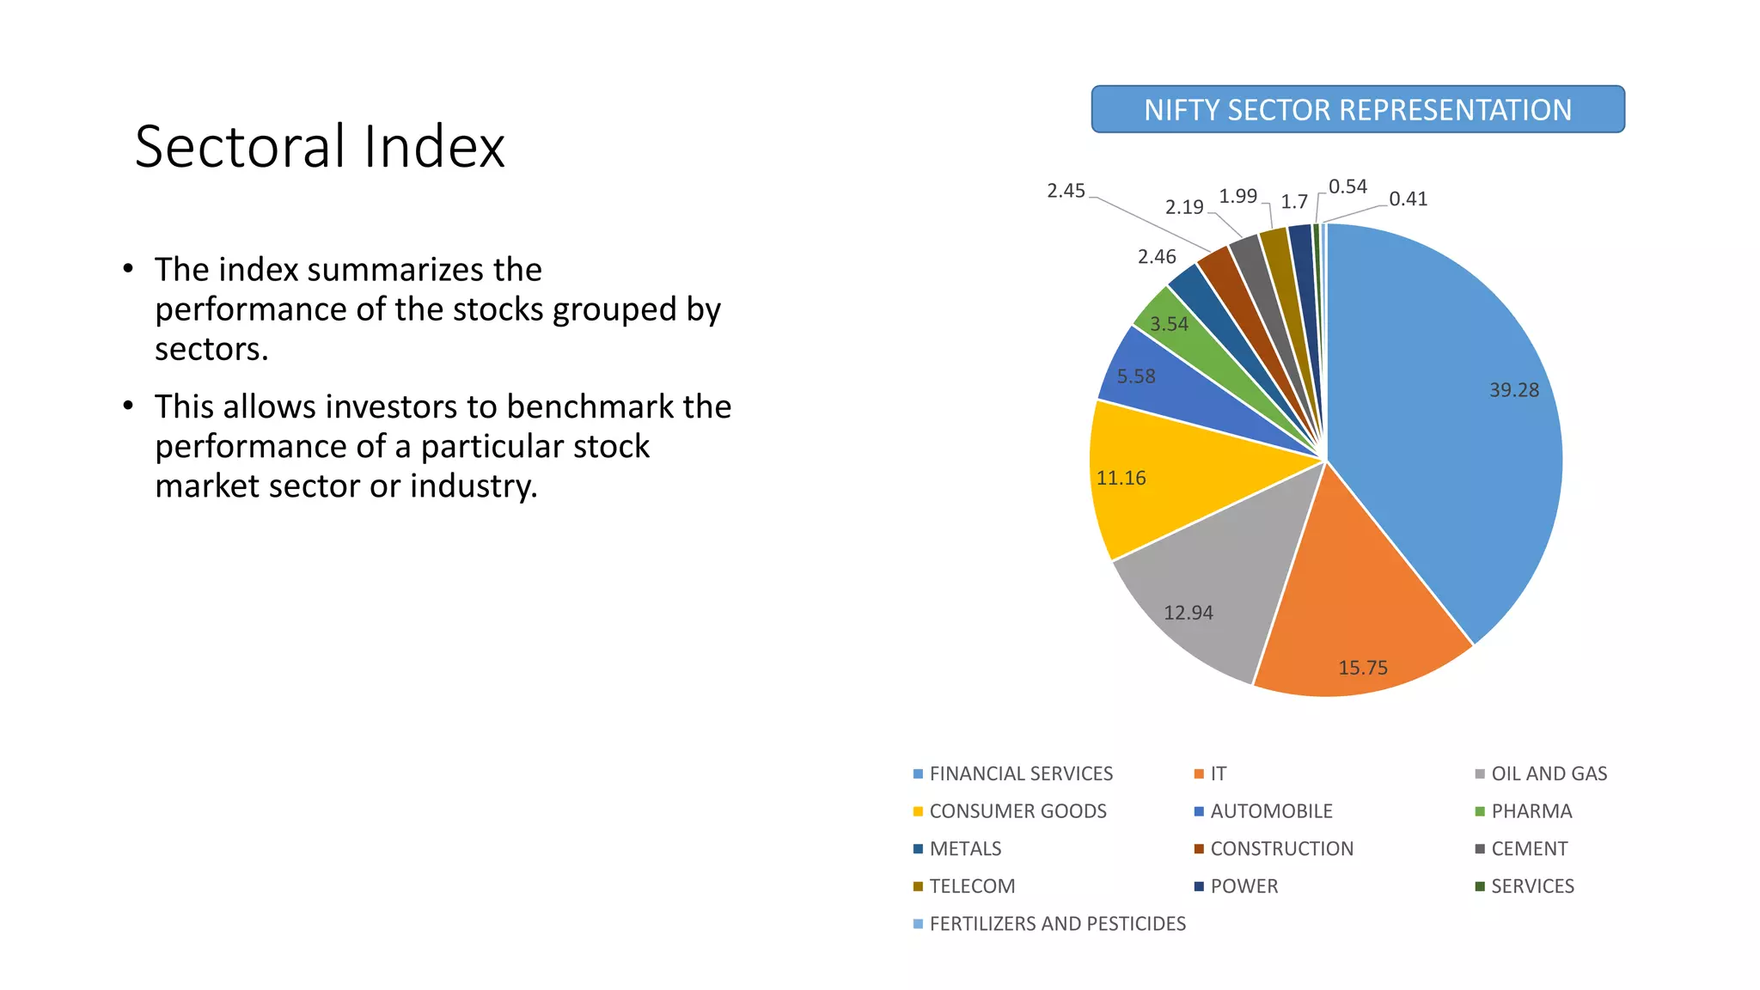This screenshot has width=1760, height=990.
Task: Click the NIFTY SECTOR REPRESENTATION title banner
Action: click(1358, 109)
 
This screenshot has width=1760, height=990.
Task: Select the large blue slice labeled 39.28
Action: click(1452, 412)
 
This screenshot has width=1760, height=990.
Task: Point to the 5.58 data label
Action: click(1135, 376)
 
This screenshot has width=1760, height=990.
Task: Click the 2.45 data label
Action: click(1066, 191)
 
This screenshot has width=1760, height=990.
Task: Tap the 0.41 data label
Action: click(1408, 199)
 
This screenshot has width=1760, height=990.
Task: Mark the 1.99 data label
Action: click(1237, 196)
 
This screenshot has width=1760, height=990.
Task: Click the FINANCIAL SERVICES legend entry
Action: click(1020, 773)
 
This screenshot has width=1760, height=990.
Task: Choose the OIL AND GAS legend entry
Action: click(1549, 773)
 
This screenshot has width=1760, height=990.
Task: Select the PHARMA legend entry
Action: click(1531, 811)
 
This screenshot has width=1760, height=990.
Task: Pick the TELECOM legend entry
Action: click(972, 886)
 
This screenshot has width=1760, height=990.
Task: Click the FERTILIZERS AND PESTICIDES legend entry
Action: click(1057, 924)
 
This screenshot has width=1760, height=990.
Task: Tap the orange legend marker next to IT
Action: click(1199, 774)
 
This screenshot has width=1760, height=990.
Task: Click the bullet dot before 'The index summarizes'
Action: click(128, 269)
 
